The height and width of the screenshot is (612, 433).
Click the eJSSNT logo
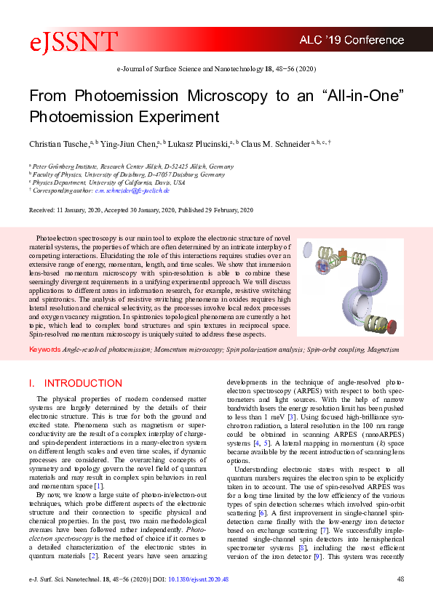(72, 44)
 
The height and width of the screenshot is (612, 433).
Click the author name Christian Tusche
(59, 145)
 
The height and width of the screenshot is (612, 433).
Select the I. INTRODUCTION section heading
(75, 383)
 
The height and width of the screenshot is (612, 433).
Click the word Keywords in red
(44, 350)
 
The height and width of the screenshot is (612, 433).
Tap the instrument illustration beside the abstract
(349, 287)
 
